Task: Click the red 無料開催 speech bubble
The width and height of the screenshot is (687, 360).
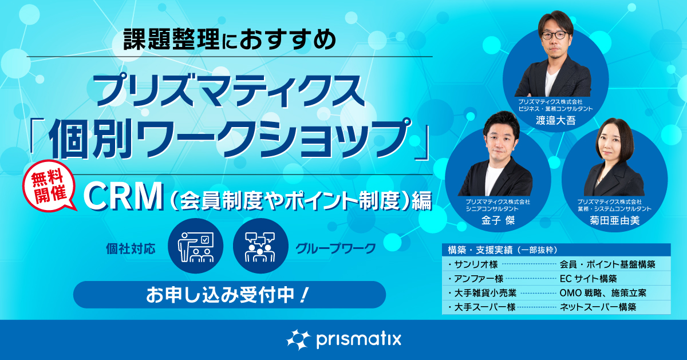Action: point(49,187)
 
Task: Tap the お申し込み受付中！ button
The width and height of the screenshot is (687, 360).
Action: point(230,295)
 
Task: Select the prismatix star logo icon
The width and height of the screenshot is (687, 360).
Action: point(298,339)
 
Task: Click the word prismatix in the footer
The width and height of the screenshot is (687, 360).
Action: point(358,340)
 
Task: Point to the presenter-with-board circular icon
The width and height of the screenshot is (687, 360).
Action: point(196,246)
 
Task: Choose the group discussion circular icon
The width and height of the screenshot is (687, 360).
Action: point(260,246)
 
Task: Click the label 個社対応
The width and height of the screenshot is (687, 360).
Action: point(131,249)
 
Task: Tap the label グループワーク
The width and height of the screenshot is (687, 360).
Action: point(335,249)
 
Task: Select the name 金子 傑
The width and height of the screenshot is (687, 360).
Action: point(498,220)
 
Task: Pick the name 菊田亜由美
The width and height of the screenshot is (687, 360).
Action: point(615,220)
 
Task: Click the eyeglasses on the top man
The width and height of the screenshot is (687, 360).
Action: point(555,35)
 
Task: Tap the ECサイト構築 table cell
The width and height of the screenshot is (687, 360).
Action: point(589,279)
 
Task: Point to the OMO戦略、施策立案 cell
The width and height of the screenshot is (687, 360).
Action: point(603,293)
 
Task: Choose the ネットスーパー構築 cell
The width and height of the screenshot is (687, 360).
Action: point(598,307)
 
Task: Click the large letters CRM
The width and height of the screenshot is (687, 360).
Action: point(123,196)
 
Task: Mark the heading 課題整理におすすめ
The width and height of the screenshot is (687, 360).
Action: point(230,39)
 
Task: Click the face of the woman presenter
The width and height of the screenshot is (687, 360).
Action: point(614,147)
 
